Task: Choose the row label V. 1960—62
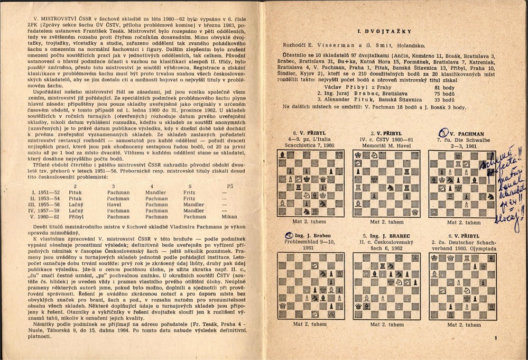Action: [x=41, y=216]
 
